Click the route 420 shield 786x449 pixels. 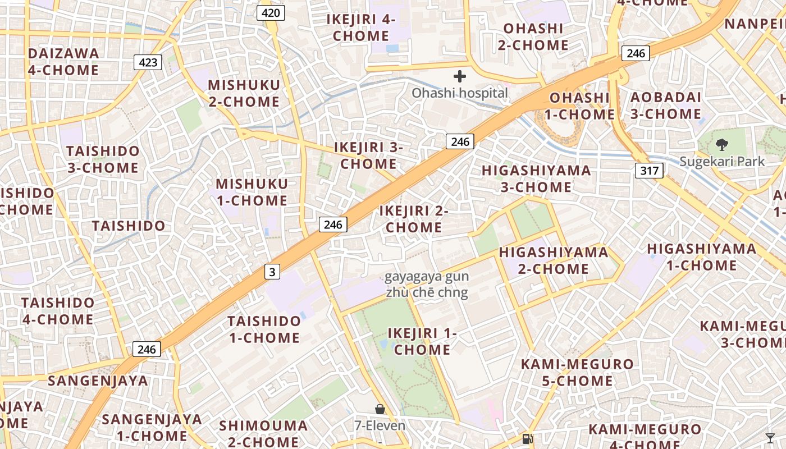tap(271, 12)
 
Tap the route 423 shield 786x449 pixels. tap(148, 62)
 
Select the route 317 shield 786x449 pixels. tap(649, 171)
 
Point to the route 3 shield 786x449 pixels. tap(272, 272)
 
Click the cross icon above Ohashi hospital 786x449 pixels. tap(460, 76)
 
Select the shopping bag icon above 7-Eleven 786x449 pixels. tap(380, 409)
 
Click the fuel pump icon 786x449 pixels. tap(527, 439)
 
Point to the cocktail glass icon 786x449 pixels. tap(770, 438)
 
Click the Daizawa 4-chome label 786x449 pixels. tap(63, 62)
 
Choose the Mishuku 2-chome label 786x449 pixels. tap(244, 93)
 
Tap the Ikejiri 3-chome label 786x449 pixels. tap(369, 155)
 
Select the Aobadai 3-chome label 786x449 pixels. tap(665, 106)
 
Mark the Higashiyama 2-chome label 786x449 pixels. tap(553, 260)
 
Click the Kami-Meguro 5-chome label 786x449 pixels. tap(577, 373)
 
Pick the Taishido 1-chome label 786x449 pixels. tap(264, 329)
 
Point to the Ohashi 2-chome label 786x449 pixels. tap(533, 36)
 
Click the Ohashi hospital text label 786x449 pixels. tap(460, 93)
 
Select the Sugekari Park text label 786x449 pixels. tap(722, 162)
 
